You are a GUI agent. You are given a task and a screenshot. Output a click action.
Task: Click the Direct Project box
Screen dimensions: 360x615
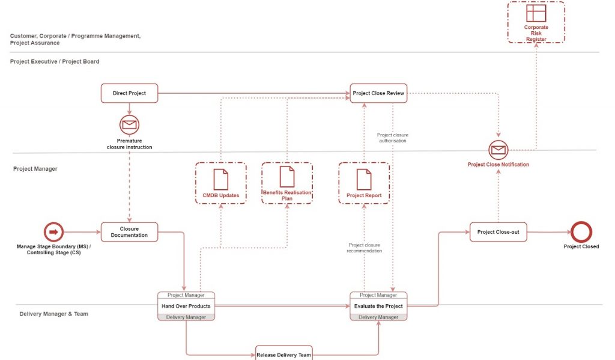tap(129, 93)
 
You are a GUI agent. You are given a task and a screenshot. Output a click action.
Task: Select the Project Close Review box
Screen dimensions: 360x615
tap(378, 93)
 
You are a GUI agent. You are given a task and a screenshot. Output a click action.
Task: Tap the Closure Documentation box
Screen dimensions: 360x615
tap(129, 232)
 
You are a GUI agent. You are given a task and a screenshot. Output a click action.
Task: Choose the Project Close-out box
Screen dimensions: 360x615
tap(498, 232)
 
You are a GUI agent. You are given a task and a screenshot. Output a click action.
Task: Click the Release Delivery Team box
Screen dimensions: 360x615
tap(283, 354)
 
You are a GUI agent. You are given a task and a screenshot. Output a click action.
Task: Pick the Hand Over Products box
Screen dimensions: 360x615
tap(186, 306)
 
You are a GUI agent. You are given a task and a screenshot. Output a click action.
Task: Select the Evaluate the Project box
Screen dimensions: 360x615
tap(378, 306)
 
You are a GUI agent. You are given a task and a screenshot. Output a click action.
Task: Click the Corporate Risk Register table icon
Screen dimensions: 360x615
tap(536, 13)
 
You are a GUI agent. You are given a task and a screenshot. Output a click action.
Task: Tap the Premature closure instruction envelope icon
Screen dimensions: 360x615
tap(129, 125)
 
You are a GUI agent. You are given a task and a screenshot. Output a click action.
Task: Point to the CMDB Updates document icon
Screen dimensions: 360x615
tap(221, 178)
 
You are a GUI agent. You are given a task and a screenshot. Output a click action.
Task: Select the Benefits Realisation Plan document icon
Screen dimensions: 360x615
tap(287, 177)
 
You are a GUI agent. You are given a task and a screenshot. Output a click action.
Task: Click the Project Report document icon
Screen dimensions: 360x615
tap(364, 178)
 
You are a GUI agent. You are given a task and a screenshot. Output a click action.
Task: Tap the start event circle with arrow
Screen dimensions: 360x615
tap(53, 232)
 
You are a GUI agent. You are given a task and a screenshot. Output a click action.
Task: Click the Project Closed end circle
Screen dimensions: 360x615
tap(581, 232)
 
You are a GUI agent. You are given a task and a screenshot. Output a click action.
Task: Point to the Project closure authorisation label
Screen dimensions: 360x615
tap(392, 138)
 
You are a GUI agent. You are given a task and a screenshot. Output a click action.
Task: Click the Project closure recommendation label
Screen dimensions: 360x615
tap(364, 248)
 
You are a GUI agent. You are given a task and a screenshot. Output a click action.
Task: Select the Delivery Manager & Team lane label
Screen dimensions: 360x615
tap(53, 314)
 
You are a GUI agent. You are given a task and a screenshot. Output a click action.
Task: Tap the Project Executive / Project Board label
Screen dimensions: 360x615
tap(55, 62)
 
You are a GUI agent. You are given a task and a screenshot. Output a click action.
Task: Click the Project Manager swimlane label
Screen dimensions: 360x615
tap(35, 169)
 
